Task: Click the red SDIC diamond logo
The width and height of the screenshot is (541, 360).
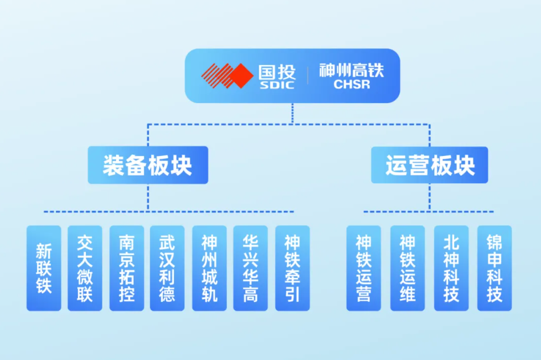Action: [227, 76]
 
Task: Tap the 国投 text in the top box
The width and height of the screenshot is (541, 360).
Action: [277, 72]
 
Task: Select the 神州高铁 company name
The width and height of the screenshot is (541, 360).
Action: [352, 70]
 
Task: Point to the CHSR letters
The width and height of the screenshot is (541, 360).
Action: [352, 84]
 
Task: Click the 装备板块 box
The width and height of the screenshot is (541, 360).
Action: [148, 165]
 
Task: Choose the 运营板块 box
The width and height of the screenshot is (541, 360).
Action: [429, 165]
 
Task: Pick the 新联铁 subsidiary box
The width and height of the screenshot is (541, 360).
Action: [44, 268]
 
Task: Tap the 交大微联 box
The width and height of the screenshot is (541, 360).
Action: [85, 268]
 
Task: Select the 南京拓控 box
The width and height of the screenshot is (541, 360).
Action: [127, 268]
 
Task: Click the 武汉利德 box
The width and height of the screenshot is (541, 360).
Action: [167, 268]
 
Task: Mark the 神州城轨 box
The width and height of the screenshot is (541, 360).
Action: [209, 268]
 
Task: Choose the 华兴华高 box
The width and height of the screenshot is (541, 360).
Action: [251, 268]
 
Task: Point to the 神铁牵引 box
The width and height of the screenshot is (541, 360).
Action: [292, 268]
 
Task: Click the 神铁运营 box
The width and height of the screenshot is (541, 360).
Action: [364, 268]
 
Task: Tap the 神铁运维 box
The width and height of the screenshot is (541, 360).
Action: [408, 268]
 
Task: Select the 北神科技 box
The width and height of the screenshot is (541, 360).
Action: [451, 268]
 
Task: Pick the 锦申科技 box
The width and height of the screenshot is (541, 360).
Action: [494, 268]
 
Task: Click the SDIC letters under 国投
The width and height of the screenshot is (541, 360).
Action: [277, 85]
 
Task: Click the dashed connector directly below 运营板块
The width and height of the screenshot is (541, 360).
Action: [429, 197]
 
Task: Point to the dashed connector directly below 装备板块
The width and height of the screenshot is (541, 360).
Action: [148, 197]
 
